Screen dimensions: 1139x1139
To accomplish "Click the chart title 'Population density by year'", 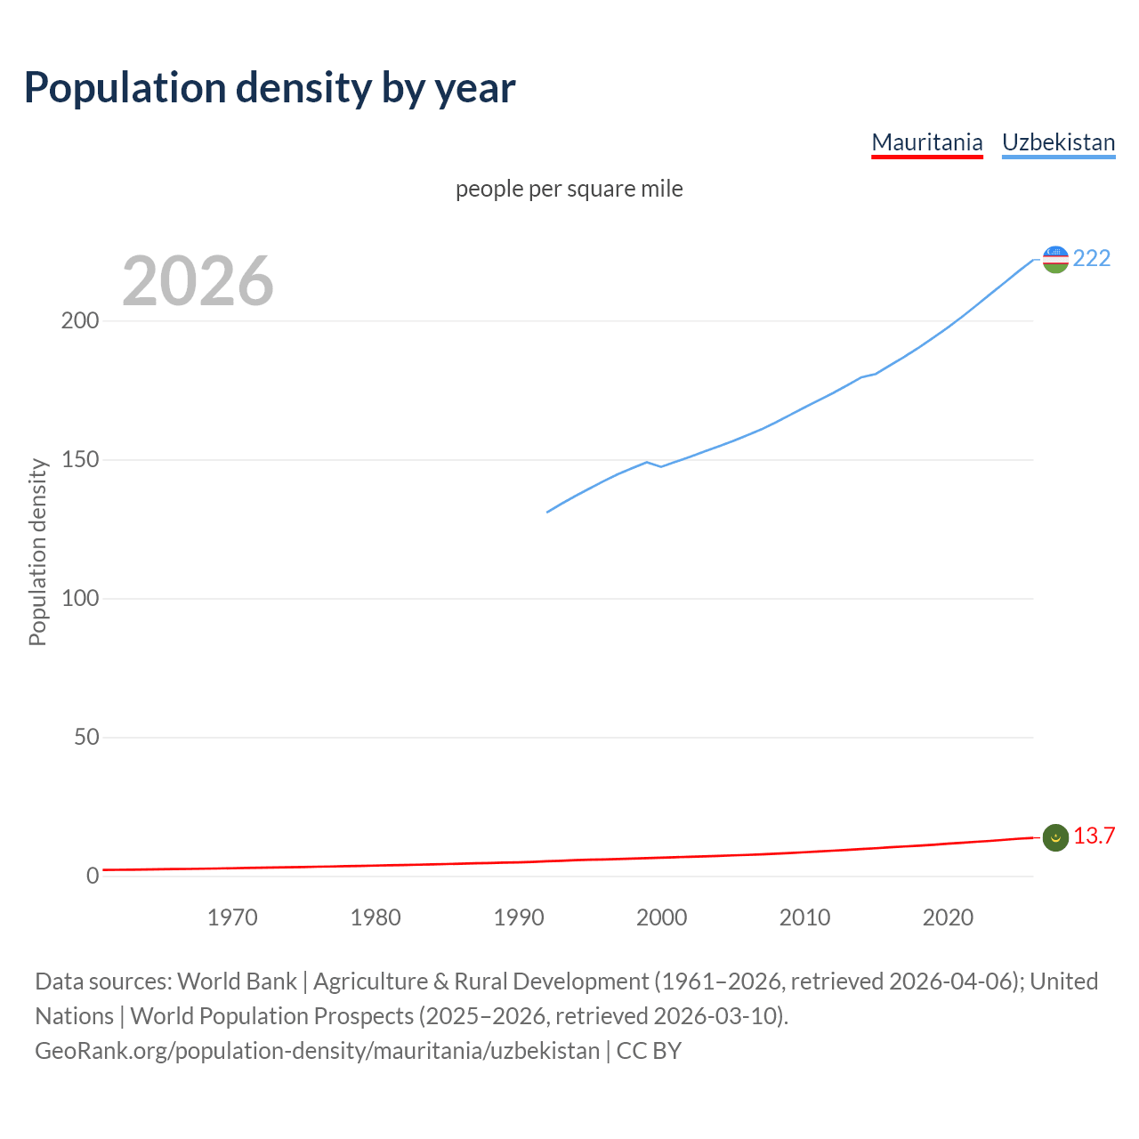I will pos(270,88).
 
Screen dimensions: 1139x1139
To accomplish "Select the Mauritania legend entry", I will pos(926,142).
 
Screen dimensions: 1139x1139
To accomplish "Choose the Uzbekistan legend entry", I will pos(1058,142).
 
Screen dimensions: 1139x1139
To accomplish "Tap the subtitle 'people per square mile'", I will pos(569,189).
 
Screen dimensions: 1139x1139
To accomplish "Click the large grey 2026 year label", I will pos(198,281).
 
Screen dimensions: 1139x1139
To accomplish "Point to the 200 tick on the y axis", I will pos(79,321).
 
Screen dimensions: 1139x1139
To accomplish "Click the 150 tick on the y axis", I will pos(79,460).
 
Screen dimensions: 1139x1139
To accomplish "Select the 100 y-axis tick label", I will pos(79,598).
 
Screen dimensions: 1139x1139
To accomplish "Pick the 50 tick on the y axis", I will pos(86,737).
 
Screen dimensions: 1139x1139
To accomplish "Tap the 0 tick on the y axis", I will pos(93,876).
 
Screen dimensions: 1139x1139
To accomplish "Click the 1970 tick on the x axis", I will pos(232,917).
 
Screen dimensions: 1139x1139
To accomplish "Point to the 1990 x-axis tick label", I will pos(519,917).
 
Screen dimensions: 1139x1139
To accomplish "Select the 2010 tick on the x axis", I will pos(804,917).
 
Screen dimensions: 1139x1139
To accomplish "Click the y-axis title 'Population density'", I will pos(37,552).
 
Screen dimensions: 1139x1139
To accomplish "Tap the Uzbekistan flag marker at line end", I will pos(1054,259).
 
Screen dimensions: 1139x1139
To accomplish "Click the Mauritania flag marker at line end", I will pos(1054,837).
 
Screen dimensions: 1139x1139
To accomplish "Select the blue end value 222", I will pos(1092,258).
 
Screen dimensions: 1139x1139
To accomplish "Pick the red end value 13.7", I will pos(1094,836).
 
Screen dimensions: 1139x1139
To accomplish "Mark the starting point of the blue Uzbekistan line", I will pos(547,512).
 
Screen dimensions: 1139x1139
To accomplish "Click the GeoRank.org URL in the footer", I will pos(317,1051).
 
